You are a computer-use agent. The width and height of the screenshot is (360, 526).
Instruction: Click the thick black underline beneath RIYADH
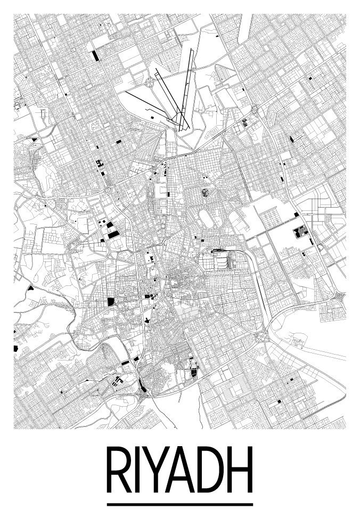(179, 504)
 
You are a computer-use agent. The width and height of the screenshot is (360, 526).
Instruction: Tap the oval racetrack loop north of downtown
(206, 217)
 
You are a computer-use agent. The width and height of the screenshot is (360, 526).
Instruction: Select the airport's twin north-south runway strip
(184, 91)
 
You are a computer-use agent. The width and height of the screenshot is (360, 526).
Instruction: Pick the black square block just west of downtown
(111, 302)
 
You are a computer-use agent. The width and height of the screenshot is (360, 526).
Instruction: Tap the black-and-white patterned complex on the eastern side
(301, 232)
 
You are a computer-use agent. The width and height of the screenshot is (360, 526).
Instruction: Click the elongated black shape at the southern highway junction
(140, 382)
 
